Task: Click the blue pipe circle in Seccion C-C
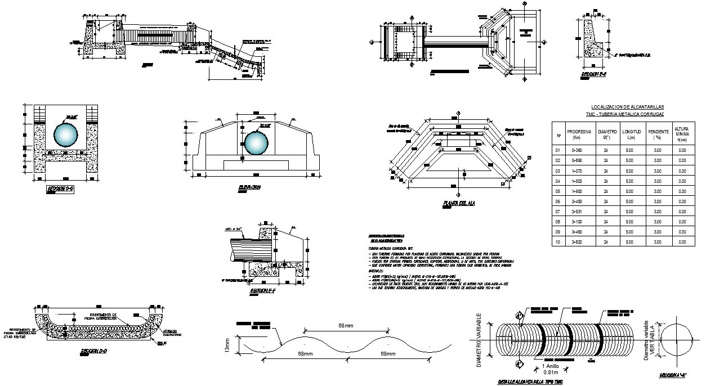pos(66,137)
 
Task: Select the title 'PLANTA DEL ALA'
pos(458,203)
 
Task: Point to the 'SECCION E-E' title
pos(593,74)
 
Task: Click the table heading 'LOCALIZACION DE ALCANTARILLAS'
pos(627,106)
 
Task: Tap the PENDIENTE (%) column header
pos(656,134)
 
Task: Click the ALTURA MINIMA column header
pos(682,134)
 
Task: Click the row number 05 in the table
pos(558,191)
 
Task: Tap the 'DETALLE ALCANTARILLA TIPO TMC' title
pos(531,382)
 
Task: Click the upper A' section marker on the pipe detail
pos(519,316)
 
